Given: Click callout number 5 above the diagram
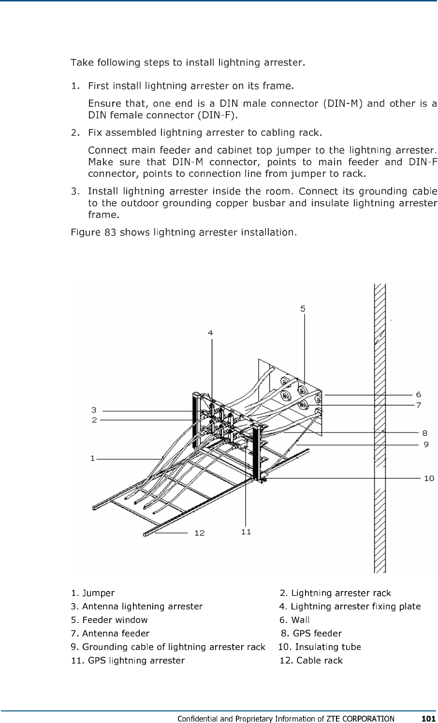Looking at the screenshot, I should pos(303,308).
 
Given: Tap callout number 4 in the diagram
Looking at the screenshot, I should pos(211,333).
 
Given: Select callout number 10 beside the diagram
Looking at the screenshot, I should pos(428,478).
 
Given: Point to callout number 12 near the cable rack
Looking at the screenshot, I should pos(199,533).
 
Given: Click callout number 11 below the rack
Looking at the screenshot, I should pos(246,532).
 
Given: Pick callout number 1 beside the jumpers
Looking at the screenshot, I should pos(92,458).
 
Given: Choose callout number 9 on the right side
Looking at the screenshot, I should pos(426,444).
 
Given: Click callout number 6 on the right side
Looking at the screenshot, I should pos(418,395).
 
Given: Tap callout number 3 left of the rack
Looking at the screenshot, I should pos(95,410).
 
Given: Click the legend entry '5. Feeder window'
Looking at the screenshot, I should pos(109,620).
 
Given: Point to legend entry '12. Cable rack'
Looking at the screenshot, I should pos(311,660).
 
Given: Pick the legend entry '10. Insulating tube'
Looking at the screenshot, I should pos(320,647).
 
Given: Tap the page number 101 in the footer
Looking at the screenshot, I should pos(428,718).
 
